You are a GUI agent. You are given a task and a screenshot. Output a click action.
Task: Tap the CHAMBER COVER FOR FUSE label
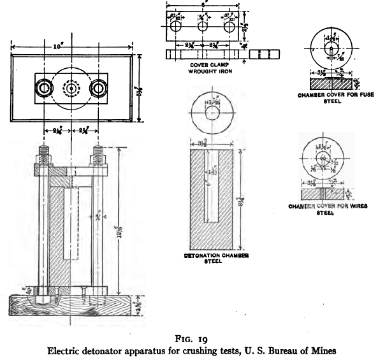(333, 94)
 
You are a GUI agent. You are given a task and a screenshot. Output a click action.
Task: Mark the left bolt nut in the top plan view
(44, 87)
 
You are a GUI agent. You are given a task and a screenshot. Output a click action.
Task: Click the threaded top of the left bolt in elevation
(45, 153)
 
